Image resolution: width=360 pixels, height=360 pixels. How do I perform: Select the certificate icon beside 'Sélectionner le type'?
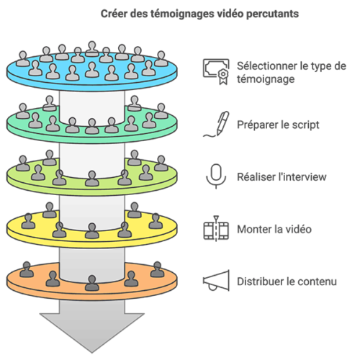click(x=216, y=71)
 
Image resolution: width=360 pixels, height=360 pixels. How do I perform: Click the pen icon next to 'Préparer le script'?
click(x=217, y=125)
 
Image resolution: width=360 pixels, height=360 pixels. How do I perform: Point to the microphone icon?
click(x=216, y=176)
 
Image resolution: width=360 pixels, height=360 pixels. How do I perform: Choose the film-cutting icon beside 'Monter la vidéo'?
click(x=216, y=228)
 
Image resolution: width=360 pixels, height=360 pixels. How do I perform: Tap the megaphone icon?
click(x=217, y=281)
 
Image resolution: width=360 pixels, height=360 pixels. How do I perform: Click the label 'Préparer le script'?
click(x=278, y=125)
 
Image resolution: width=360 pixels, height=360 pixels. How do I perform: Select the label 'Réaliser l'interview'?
click(x=282, y=177)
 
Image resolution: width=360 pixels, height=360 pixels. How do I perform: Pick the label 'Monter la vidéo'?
click(x=274, y=229)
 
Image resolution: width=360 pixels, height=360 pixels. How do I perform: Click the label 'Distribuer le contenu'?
click(x=287, y=282)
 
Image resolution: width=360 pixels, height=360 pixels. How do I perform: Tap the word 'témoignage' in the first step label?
click(x=266, y=79)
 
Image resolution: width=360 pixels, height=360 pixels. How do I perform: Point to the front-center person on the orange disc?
click(x=92, y=283)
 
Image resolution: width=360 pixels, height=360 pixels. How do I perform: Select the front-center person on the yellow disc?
click(x=92, y=230)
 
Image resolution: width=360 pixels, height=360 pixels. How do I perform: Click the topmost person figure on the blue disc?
click(x=92, y=49)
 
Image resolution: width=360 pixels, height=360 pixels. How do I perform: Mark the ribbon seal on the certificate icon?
click(x=223, y=76)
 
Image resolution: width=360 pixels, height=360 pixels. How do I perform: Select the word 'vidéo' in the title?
click(x=230, y=14)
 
